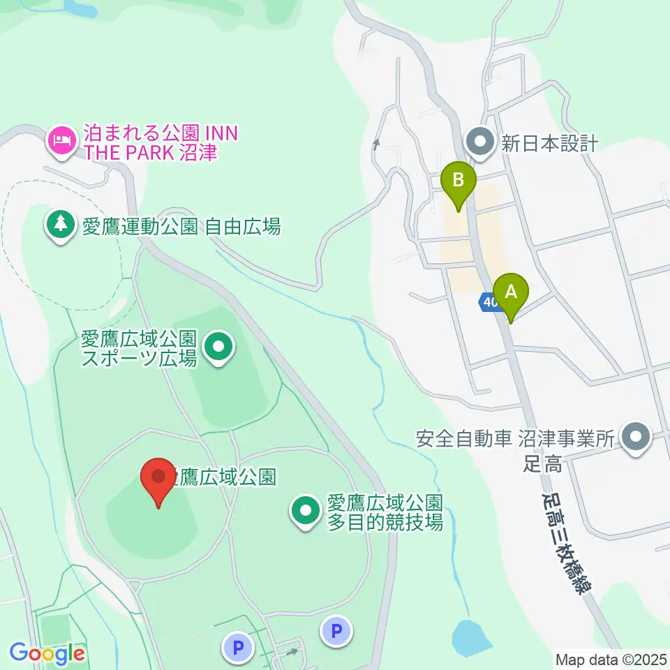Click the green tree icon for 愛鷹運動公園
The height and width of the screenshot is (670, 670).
pos(61,225)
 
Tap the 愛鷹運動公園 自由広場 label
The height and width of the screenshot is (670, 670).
pos(181,226)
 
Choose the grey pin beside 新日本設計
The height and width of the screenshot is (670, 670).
pos(480,142)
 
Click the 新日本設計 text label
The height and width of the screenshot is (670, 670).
pos(550,144)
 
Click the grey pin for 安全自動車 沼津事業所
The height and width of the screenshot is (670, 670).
pos(636,439)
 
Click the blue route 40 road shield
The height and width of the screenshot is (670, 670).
pos(488,301)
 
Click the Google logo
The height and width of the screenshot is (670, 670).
pos(47,653)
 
